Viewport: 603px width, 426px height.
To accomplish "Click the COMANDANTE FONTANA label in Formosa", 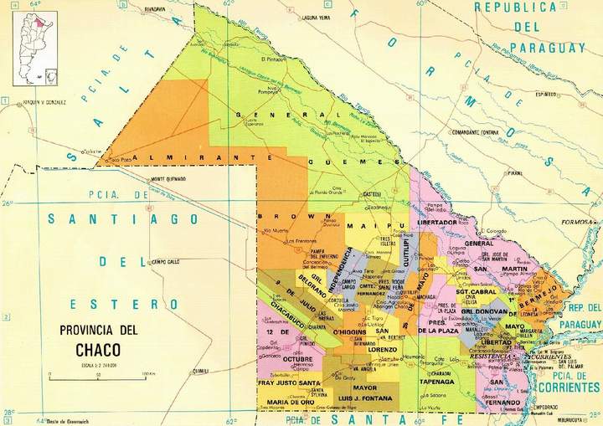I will coord(500,131).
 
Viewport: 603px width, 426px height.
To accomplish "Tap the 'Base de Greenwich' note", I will coord(68,419).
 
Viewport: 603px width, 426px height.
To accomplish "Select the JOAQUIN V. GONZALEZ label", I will coord(44,102).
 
